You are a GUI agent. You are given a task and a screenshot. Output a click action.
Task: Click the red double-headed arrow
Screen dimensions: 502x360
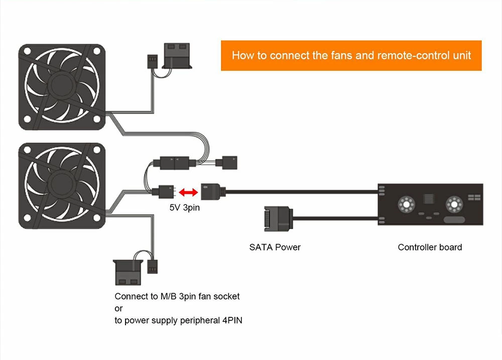188,192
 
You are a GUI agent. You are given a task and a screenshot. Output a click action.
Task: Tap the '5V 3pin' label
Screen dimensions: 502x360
185,207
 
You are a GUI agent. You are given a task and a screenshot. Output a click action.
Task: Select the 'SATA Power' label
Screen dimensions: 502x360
275,247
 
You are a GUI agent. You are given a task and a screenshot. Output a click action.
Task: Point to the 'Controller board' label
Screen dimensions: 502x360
430,247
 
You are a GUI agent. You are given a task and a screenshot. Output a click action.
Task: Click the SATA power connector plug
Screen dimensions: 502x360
279,219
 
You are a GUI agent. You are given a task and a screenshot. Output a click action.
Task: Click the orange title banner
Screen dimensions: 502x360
351,55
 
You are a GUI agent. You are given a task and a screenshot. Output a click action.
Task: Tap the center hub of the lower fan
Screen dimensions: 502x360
62,185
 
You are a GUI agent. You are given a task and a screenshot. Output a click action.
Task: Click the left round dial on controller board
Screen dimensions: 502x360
406,204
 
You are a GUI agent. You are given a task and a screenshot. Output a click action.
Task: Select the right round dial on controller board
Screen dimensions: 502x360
454,204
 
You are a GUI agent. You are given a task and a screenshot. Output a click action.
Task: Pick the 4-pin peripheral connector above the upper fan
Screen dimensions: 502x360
177,56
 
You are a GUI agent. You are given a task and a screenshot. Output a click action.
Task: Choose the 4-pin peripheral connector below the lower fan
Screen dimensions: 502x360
128,273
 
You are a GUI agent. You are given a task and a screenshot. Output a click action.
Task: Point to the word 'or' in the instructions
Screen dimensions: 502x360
118,309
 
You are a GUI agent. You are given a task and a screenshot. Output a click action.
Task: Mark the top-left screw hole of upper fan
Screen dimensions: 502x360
27,51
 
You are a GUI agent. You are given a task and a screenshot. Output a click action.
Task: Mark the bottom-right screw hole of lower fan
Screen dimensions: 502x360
97,218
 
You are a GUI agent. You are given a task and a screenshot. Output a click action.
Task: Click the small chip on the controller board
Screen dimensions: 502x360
428,198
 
